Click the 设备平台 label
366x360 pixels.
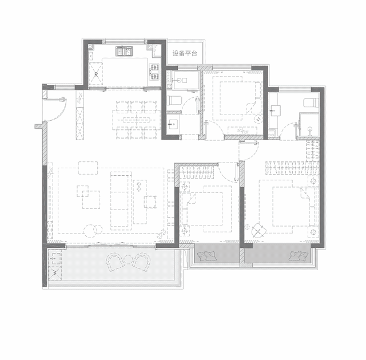[x=185, y=53]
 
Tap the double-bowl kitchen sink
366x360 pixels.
[x=124, y=51]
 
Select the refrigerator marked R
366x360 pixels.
[x=96, y=74]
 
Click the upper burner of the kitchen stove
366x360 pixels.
[x=154, y=68]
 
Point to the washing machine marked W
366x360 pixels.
[x=55, y=272]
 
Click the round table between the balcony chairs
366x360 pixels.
[x=128, y=259]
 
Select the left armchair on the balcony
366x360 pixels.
[x=116, y=262]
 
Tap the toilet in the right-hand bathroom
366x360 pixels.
[x=311, y=103]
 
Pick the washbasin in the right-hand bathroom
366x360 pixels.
[x=276, y=110]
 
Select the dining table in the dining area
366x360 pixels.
[x=137, y=120]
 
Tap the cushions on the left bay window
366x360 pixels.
[x=207, y=256]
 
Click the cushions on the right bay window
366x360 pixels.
[x=299, y=256]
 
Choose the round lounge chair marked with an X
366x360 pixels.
[x=258, y=231]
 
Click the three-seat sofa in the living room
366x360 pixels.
[x=120, y=199]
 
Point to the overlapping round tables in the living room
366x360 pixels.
[x=93, y=230]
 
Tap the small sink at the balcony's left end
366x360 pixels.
[x=55, y=258]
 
